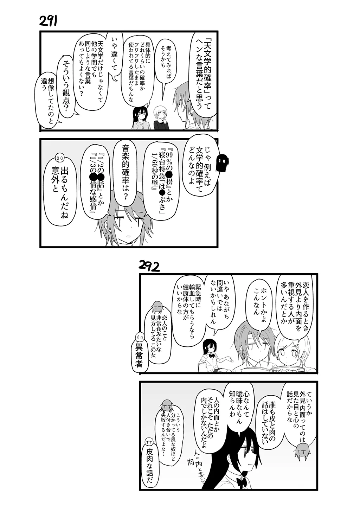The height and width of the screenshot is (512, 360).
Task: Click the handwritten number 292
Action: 149,266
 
